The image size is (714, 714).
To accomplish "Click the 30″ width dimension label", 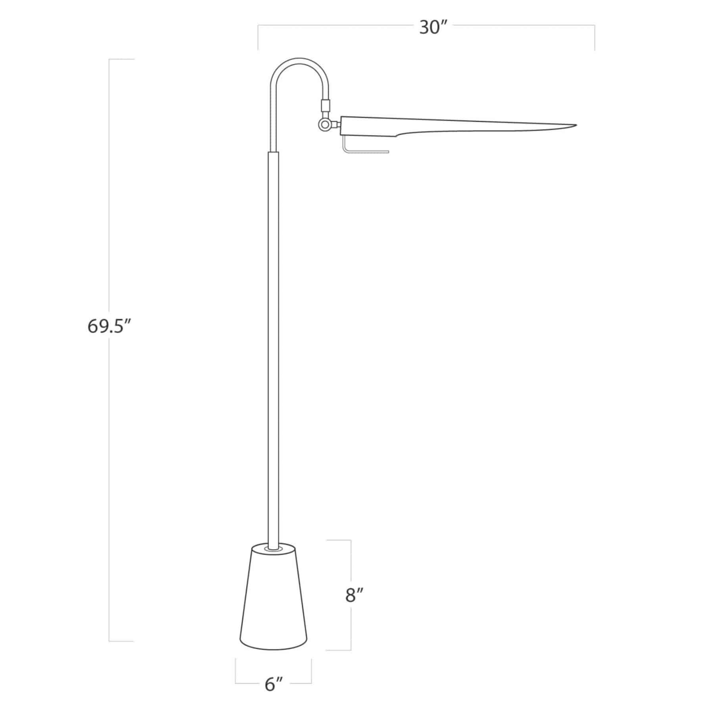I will (433, 28).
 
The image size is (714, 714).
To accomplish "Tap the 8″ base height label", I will (354, 595).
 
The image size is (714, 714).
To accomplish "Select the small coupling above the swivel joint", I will (325, 106).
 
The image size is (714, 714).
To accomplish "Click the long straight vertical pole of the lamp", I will (273, 337).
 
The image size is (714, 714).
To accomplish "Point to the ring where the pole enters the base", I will (273, 549).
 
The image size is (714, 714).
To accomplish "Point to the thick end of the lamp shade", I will (349, 126).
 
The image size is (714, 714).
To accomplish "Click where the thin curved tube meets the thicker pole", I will (273, 152).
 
